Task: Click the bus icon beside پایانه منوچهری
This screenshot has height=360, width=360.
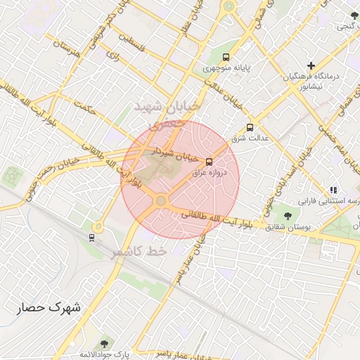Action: coord(226,56)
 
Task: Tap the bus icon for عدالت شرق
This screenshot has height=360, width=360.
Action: coord(250,127)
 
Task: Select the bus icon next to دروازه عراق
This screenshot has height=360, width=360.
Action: coord(209,162)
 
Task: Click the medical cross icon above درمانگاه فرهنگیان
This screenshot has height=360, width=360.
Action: coord(311,65)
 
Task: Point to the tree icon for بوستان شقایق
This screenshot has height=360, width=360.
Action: coord(288,215)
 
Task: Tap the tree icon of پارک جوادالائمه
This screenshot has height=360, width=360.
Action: coord(105,344)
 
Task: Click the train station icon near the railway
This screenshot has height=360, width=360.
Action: coord(91,237)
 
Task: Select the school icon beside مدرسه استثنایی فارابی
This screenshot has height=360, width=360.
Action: coord(333,190)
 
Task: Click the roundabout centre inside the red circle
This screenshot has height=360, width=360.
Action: coord(162,201)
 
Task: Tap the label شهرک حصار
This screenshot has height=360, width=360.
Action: coord(50,308)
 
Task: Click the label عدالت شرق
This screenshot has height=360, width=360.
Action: coord(251,139)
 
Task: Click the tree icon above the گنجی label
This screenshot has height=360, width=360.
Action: coord(354,15)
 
